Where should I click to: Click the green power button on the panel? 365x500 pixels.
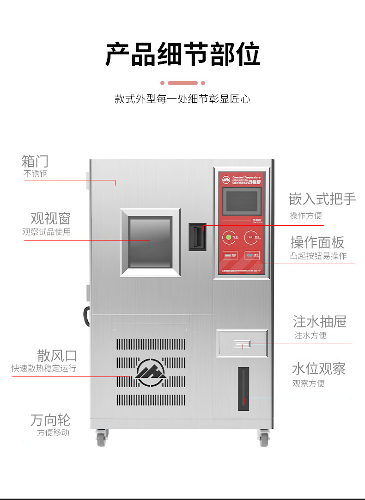[228, 238]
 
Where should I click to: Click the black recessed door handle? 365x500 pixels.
[197, 236]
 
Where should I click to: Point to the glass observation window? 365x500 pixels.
[150, 242]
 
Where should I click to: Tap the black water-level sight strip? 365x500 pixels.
[243, 389]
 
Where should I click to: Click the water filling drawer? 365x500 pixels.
[242, 343]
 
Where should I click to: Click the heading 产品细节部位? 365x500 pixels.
[182, 55]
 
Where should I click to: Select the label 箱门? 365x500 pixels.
[35, 161]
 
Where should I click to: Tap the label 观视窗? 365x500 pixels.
[50, 218]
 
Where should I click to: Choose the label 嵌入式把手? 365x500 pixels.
[322, 199]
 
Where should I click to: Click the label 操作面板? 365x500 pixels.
[317, 242]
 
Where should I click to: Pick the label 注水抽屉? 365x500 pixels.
[319, 321]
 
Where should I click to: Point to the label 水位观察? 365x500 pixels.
[319, 369]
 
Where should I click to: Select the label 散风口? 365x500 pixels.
[57, 356]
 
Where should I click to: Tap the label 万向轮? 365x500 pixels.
[50, 420]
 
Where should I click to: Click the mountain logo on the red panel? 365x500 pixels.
[226, 179]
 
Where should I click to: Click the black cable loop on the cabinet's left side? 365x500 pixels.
[86, 316]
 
